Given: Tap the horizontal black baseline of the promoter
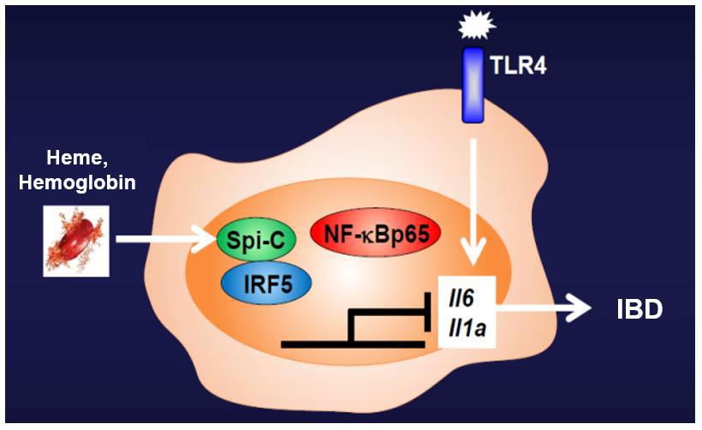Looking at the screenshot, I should (351, 343).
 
